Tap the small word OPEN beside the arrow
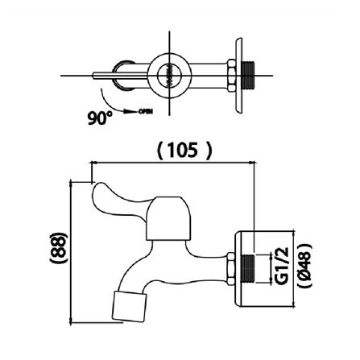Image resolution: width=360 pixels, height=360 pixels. (x=146, y=110)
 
